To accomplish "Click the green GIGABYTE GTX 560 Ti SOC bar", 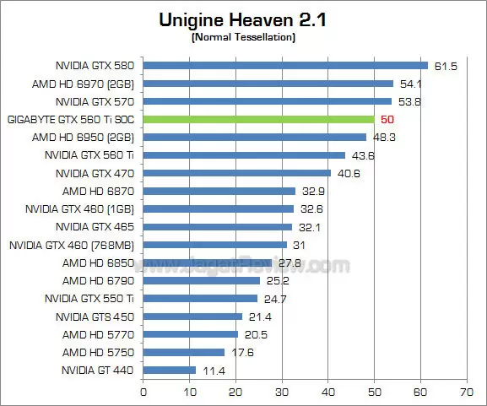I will coord(258,119).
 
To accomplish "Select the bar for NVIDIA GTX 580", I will coord(285,65).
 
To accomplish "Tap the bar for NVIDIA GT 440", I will coord(170,370).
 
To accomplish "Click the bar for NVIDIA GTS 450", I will coord(192,317).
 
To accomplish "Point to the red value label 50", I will coord(388,119).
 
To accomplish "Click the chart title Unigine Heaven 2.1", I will coord(243,19).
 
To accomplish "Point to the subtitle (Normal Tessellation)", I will coord(243,37).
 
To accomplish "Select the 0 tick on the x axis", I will coord(143,392).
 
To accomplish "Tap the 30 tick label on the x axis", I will coord(282,392).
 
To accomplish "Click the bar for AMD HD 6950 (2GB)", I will coord(255,137).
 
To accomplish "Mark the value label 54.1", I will coord(410,84).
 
